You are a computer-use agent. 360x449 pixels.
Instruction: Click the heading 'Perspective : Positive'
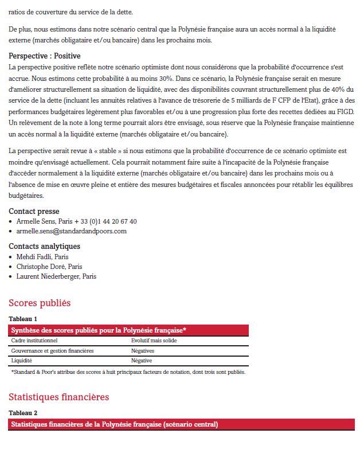[44, 56]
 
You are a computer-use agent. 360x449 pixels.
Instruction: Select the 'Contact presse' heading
[34, 212]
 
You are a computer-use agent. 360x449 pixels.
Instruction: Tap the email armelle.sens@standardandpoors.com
[71, 231]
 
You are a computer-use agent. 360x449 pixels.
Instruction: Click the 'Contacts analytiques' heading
[44, 247]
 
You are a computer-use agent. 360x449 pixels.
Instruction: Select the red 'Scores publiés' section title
[40, 303]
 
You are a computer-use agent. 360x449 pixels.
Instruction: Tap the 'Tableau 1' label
[23, 319]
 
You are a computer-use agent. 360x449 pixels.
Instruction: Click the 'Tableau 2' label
[23, 413]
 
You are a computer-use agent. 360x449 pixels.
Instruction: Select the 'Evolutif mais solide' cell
[154, 341]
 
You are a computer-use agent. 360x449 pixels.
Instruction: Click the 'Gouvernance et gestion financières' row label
[52, 350]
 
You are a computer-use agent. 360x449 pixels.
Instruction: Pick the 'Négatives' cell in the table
[143, 350]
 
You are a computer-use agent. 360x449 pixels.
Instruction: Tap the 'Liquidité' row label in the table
[22, 361]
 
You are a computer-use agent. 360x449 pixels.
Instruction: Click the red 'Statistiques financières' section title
[58, 397]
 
